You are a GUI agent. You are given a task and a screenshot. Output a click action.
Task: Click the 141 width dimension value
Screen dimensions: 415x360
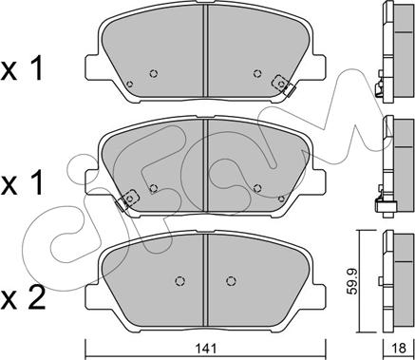pyautogui.click(x=206, y=349)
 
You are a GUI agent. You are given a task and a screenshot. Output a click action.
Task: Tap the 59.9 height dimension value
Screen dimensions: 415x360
pyautogui.click(x=351, y=281)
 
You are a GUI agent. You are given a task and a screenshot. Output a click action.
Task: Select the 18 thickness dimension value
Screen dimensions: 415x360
pyautogui.click(x=400, y=349)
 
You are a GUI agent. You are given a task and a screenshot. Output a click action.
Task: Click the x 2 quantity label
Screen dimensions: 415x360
pyautogui.click(x=23, y=298)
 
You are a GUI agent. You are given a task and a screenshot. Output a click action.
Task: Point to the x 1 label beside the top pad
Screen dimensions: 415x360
pyautogui.click(x=22, y=69)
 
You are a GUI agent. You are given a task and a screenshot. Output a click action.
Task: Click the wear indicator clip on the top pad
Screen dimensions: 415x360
pyautogui.click(x=284, y=85)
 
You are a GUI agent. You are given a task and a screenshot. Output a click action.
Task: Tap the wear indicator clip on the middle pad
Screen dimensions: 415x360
pyautogui.click(x=126, y=200)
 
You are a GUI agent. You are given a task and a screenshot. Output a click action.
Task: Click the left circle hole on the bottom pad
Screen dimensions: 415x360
pyautogui.click(x=180, y=281)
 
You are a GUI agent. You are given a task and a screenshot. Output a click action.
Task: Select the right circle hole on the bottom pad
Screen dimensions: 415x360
pyautogui.click(x=232, y=281)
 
